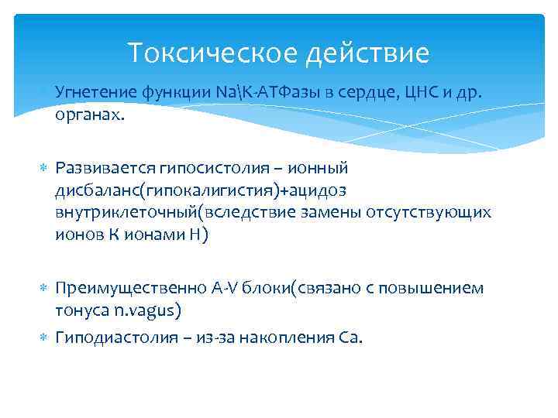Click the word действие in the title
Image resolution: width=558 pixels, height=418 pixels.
click(370, 53)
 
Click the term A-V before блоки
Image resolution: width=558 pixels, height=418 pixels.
click(226, 288)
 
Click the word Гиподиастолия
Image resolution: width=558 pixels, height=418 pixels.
click(107, 337)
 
